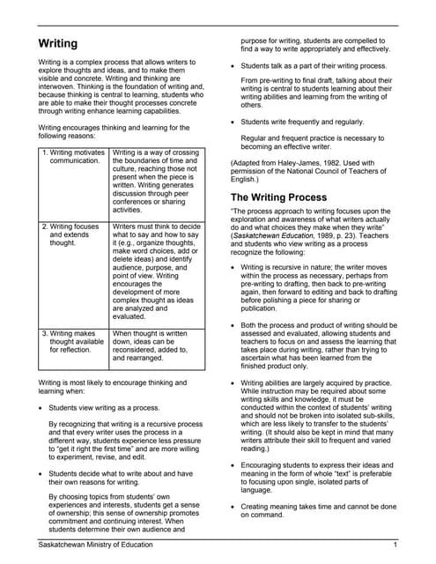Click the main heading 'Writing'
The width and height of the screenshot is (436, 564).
click(x=57, y=43)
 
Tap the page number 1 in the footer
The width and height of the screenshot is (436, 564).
click(x=396, y=546)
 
